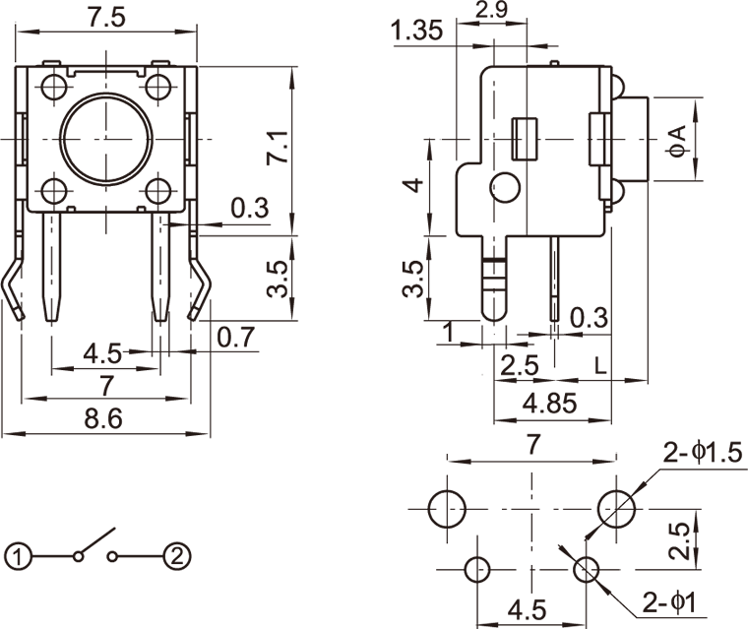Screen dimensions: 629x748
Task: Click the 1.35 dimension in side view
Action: (x=417, y=32)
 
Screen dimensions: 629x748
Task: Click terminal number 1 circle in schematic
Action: (x=16, y=556)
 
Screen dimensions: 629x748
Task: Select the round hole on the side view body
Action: (x=505, y=186)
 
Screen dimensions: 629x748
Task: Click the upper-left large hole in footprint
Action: (x=447, y=509)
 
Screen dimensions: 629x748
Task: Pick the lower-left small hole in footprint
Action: (x=478, y=568)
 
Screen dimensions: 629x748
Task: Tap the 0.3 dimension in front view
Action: (x=248, y=208)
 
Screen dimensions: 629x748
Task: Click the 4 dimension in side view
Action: (x=416, y=185)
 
